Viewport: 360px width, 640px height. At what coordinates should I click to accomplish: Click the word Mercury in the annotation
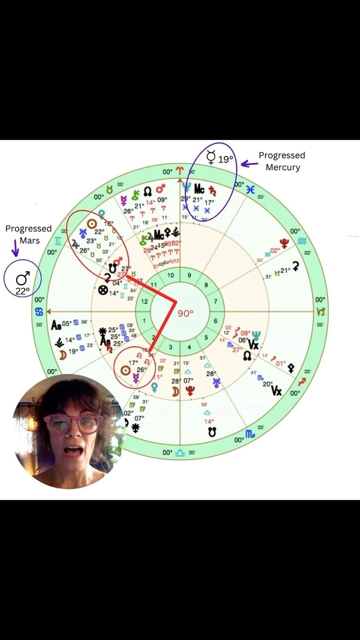(283, 167)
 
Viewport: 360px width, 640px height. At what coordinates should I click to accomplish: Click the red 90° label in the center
(185, 313)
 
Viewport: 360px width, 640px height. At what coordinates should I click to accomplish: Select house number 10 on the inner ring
(171, 275)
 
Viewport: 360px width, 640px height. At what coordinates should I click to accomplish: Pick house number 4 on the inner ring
(189, 347)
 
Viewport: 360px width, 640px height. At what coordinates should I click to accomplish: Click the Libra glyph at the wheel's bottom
(180, 453)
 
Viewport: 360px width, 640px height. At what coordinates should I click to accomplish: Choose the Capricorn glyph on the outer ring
(320, 312)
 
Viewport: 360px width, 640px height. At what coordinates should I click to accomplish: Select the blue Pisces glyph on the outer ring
(250, 189)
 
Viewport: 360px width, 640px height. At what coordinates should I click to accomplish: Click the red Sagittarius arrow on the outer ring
(301, 382)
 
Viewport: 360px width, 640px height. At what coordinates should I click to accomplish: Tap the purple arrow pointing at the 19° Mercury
(250, 164)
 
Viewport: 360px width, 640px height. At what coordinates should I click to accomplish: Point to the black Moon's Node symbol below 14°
(212, 432)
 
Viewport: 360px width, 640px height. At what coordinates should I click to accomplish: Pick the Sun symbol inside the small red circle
(125, 370)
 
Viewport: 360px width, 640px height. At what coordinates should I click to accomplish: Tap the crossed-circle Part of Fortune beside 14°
(103, 291)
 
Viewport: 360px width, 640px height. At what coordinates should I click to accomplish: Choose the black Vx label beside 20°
(276, 390)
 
